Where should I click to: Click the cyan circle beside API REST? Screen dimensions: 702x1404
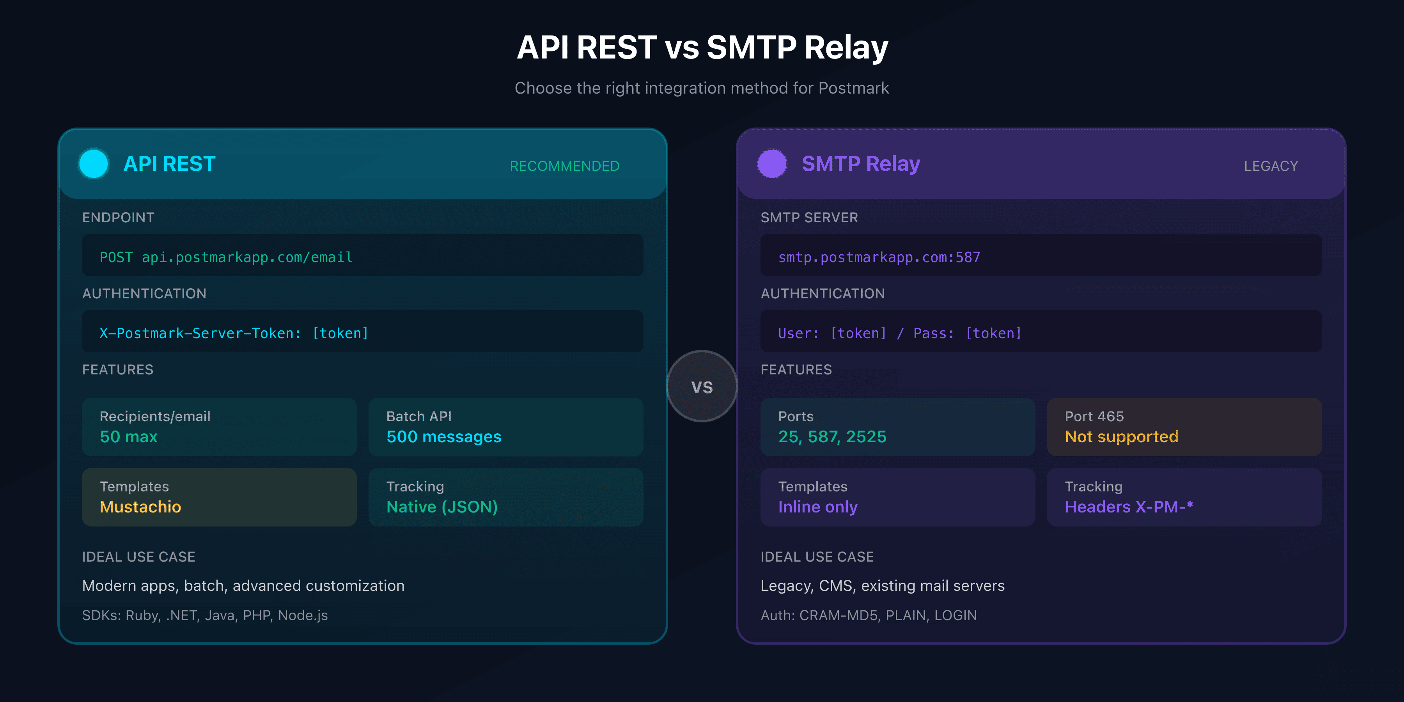(x=93, y=163)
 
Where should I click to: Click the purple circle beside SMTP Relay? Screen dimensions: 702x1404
(x=772, y=163)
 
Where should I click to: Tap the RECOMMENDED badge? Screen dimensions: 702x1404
(x=564, y=166)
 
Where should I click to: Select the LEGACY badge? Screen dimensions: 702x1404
(x=1271, y=166)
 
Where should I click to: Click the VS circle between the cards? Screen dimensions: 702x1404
(x=702, y=386)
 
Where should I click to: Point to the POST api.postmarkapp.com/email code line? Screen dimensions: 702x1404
(x=226, y=257)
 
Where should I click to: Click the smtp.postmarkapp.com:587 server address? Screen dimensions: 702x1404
(x=879, y=257)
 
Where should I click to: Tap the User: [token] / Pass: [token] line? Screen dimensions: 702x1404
(x=899, y=333)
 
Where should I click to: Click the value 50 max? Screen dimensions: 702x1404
(x=129, y=436)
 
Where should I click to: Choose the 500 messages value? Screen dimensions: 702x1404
(x=444, y=436)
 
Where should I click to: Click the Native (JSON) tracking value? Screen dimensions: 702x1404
(x=442, y=507)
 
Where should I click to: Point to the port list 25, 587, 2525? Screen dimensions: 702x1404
(x=832, y=436)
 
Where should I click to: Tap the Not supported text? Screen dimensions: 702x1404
(x=1121, y=436)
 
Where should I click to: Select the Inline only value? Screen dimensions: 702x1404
(x=817, y=507)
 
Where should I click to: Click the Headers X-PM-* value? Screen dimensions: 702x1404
(x=1129, y=507)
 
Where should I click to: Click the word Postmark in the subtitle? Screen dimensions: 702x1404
(x=854, y=88)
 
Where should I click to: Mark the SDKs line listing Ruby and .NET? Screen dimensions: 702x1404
(x=205, y=615)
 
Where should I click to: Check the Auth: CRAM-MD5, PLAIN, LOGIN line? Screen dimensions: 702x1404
(x=868, y=615)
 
